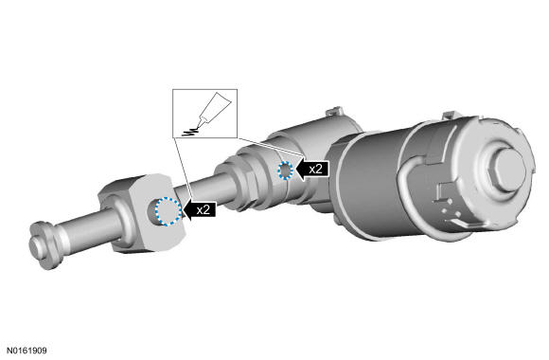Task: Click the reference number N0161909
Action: (x=27, y=351)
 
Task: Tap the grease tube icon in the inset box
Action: (x=214, y=109)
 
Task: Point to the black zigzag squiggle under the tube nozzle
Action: (x=190, y=132)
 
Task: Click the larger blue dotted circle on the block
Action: (x=168, y=211)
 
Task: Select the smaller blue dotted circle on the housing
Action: (x=285, y=171)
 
